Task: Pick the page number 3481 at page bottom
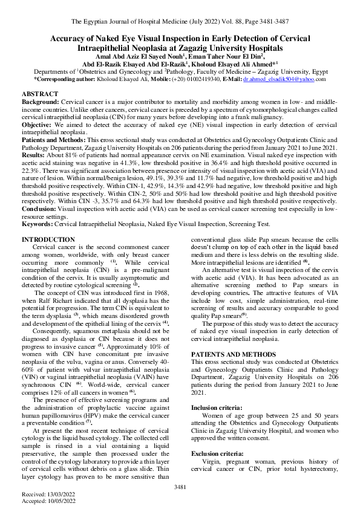click(180, 487)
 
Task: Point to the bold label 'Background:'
click(41, 103)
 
